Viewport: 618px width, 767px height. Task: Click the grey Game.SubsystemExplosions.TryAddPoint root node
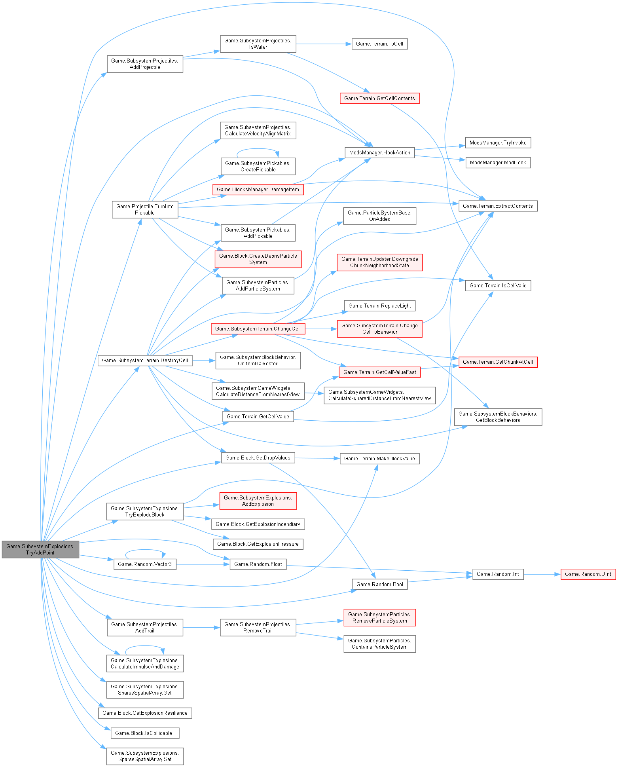40,549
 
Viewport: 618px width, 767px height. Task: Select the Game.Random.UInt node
588,574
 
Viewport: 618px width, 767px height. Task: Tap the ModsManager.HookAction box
379,152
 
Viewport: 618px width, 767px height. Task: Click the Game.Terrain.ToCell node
379,44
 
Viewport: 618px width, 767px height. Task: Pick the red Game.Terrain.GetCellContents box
379,98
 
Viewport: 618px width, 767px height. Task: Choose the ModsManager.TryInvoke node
498,142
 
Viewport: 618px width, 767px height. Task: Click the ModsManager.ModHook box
498,163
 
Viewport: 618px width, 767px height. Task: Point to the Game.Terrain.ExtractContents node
498,206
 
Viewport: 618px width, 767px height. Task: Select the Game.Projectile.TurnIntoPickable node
145,209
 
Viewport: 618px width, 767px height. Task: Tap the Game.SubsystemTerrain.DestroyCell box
145,360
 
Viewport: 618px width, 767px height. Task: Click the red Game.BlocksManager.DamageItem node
258,190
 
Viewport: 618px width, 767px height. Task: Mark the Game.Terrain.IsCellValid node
498,285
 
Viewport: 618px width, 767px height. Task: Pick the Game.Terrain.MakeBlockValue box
379,458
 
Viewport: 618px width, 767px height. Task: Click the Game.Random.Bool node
379,584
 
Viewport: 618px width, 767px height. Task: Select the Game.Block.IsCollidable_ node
145,733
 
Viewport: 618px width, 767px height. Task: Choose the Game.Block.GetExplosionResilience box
145,713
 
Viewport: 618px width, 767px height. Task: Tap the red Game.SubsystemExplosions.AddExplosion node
258,501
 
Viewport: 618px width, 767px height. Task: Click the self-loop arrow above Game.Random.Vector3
145,550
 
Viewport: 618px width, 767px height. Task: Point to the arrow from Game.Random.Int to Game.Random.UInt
542,574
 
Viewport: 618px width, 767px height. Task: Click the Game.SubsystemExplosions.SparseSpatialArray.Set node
145,756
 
